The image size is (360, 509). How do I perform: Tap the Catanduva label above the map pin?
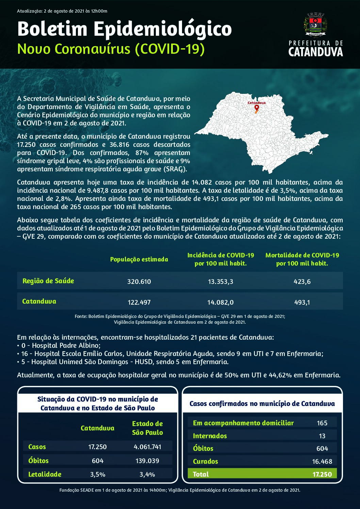(x=257, y=103)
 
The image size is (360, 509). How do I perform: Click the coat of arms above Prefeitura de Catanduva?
(x=315, y=24)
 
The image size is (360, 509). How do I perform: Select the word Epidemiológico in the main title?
(x=163, y=29)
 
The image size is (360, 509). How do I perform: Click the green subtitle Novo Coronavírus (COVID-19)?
(x=111, y=49)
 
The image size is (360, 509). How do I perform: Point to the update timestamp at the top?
(x=62, y=11)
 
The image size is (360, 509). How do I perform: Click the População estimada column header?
(x=139, y=259)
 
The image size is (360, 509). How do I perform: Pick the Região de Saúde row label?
(x=48, y=281)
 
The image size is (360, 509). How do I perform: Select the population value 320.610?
(x=139, y=282)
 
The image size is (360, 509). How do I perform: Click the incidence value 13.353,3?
(x=220, y=282)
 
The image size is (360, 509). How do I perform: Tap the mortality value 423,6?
(x=302, y=282)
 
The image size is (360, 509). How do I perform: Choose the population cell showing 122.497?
(x=139, y=302)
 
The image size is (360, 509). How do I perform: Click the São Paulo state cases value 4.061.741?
(x=147, y=447)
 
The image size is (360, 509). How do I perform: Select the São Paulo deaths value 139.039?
(x=147, y=461)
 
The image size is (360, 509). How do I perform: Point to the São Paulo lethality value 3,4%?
(x=147, y=474)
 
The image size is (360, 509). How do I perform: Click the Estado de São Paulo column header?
(x=147, y=428)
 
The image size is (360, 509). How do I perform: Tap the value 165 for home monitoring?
(x=322, y=423)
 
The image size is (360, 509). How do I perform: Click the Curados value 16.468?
(x=322, y=461)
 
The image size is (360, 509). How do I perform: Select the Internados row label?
(x=210, y=436)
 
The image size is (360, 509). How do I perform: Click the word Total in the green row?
(x=201, y=474)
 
